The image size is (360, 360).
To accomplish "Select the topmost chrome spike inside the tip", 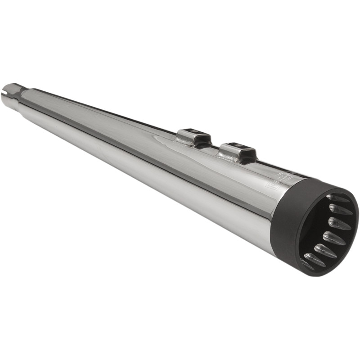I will click(x=337, y=198).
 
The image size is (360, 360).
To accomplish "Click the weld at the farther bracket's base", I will click(x=182, y=142).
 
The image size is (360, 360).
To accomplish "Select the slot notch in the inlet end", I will click(x=5, y=94).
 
